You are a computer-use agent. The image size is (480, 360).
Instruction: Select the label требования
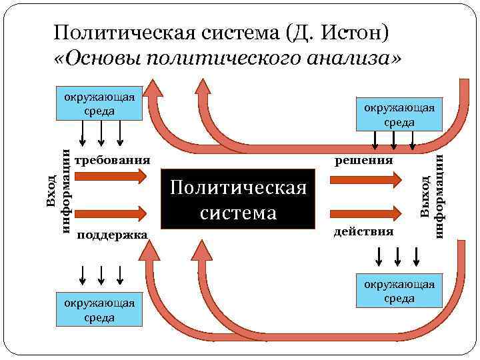(x=113, y=161)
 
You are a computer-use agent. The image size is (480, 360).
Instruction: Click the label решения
(x=364, y=161)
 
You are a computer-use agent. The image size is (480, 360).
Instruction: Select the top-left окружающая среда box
(x=99, y=104)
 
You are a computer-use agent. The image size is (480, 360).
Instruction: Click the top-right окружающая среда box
(x=399, y=115)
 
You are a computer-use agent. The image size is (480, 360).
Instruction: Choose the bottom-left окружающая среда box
(x=99, y=310)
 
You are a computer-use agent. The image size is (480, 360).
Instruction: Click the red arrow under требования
(x=110, y=177)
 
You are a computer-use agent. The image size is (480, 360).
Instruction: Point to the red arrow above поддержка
(x=110, y=213)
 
